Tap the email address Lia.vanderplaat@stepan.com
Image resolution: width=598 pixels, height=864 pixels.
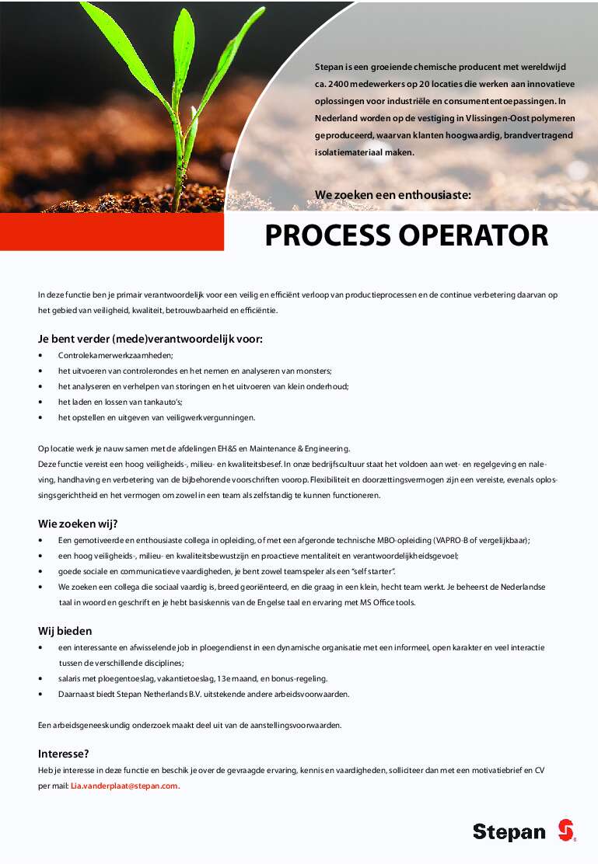(124, 786)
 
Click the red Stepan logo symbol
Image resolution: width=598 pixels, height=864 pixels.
(565, 830)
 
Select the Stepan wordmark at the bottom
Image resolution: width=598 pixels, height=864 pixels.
(509, 832)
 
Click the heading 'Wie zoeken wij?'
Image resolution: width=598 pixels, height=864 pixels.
(77, 523)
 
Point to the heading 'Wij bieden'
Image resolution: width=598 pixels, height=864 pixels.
(65, 630)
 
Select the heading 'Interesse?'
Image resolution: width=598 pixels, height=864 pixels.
(64, 753)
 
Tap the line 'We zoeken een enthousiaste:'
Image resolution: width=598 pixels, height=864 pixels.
(393, 194)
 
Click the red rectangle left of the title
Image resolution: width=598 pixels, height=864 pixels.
(112, 232)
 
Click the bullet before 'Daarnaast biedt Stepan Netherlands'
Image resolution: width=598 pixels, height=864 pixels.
(40, 694)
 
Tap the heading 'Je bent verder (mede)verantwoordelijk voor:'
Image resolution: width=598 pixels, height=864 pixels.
(150, 339)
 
